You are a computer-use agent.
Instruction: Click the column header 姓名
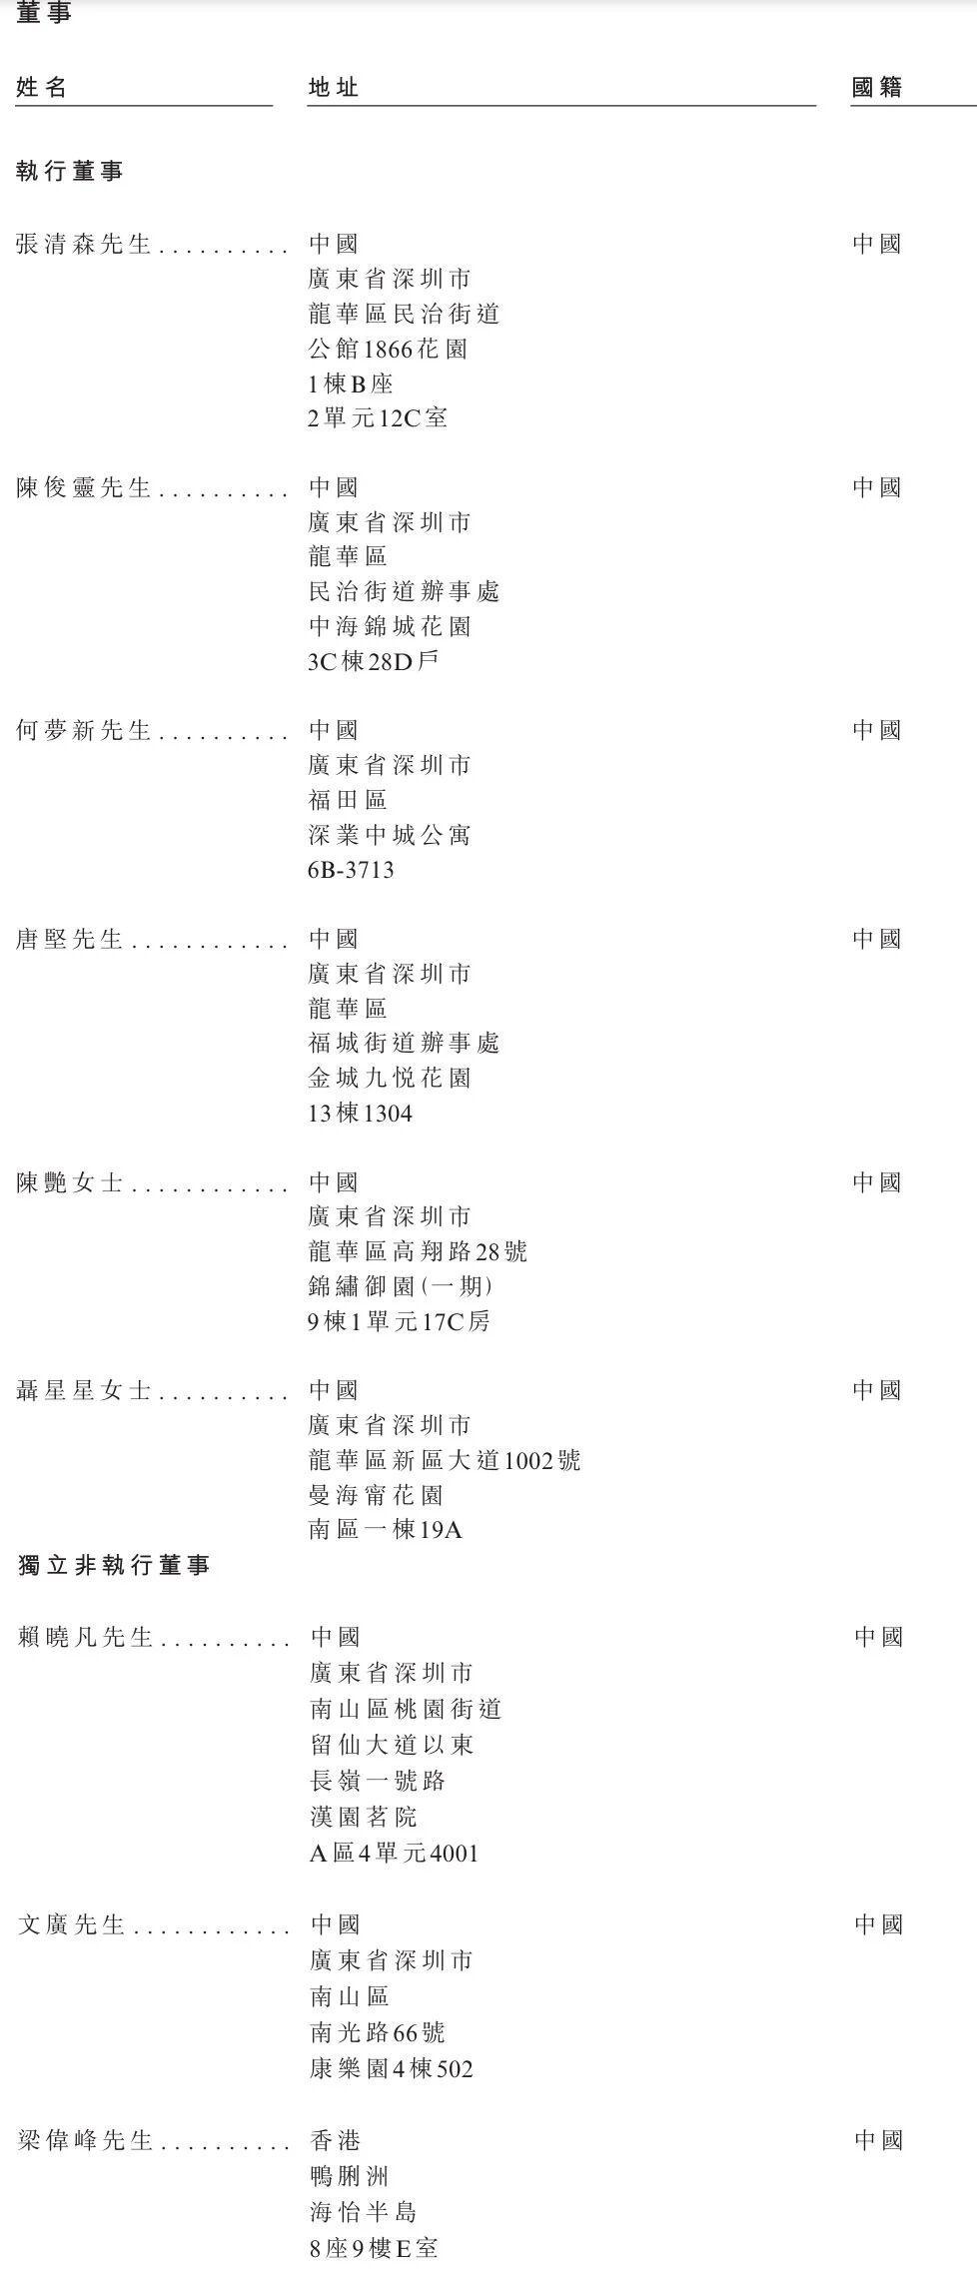pyautogui.click(x=42, y=87)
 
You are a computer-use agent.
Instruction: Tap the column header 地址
pyautogui.click(x=334, y=87)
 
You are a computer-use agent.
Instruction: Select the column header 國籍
pyautogui.click(x=877, y=87)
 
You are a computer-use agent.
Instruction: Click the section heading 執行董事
pyautogui.click(x=70, y=171)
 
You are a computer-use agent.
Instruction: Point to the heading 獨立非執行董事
pyautogui.click(x=114, y=1565)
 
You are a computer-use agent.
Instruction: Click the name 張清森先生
pyautogui.click(x=84, y=244)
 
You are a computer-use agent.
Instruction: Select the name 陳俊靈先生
pyautogui.click(x=84, y=487)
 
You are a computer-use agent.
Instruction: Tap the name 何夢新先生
pyautogui.click(x=84, y=730)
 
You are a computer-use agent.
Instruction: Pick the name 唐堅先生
pyautogui.click(x=70, y=939)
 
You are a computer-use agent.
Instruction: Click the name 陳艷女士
pyautogui.click(x=70, y=1182)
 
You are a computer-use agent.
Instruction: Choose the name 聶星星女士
pyautogui.click(x=84, y=1390)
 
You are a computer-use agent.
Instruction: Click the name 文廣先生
pyautogui.click(x=71, y=1924)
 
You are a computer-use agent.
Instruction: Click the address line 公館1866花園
pyautogui.click(x=388, y=349)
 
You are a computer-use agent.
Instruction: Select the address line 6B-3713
pyautogui.click(x=351, y=870)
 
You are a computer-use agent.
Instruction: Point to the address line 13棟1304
pyautogui.click(x=360, y=1113)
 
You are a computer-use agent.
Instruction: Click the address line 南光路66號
pyautogui.click(x=378, y=2032)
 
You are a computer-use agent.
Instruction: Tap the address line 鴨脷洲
pyautogui.click(x=350, y=2176)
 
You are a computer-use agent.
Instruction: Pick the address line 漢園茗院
pyautogui.click(x=363, y=1817)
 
